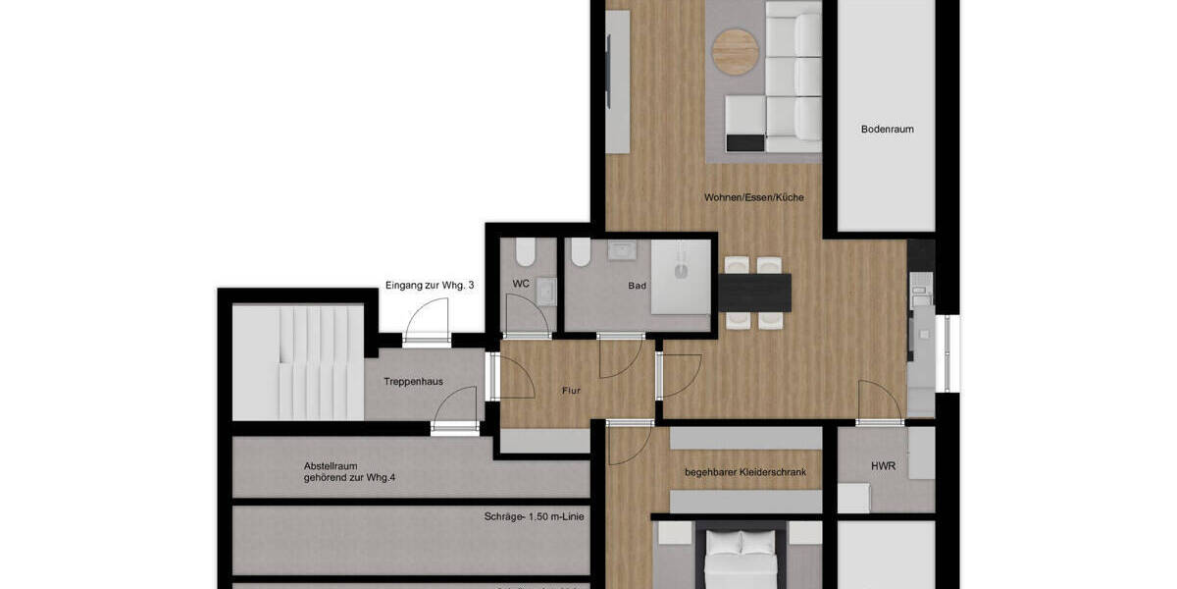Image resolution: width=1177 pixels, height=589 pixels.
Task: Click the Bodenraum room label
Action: (x=887, y=129)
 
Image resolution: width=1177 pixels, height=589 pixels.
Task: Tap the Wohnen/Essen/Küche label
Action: (x=753, y=197)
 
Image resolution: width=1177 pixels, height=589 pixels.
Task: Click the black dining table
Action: (x=754, y=289)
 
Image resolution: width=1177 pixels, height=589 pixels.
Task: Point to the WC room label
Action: (x=521, y=284)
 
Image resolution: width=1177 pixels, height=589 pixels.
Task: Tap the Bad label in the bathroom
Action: (x=638, y=286)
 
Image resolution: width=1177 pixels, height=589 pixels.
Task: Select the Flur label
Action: (x=571, y=391)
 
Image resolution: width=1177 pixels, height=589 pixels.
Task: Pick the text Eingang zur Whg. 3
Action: (x=430, y=285)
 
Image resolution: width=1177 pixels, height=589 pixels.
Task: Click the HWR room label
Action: (x=883, y=466)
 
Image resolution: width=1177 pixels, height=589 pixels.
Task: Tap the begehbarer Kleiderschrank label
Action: (x=745, y=472)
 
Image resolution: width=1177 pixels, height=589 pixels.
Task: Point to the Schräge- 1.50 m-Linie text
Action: (x=535, y=516)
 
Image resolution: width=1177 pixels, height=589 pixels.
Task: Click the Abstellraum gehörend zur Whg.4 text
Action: (x=349, y=472)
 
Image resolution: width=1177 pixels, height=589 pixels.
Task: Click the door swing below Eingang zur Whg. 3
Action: (x=427, y=321)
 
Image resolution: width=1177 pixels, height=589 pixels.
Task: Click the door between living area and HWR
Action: (x=880, y=403)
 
